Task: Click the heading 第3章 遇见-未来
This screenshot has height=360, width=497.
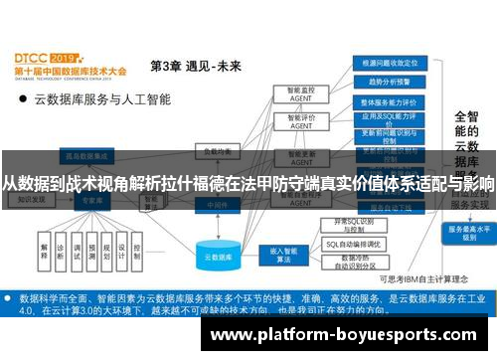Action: coord(195,66)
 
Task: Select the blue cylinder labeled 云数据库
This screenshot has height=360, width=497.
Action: coord(218,256)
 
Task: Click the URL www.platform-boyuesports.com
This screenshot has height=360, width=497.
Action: coord(349,334)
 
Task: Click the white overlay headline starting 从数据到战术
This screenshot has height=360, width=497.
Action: coord(248,185)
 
